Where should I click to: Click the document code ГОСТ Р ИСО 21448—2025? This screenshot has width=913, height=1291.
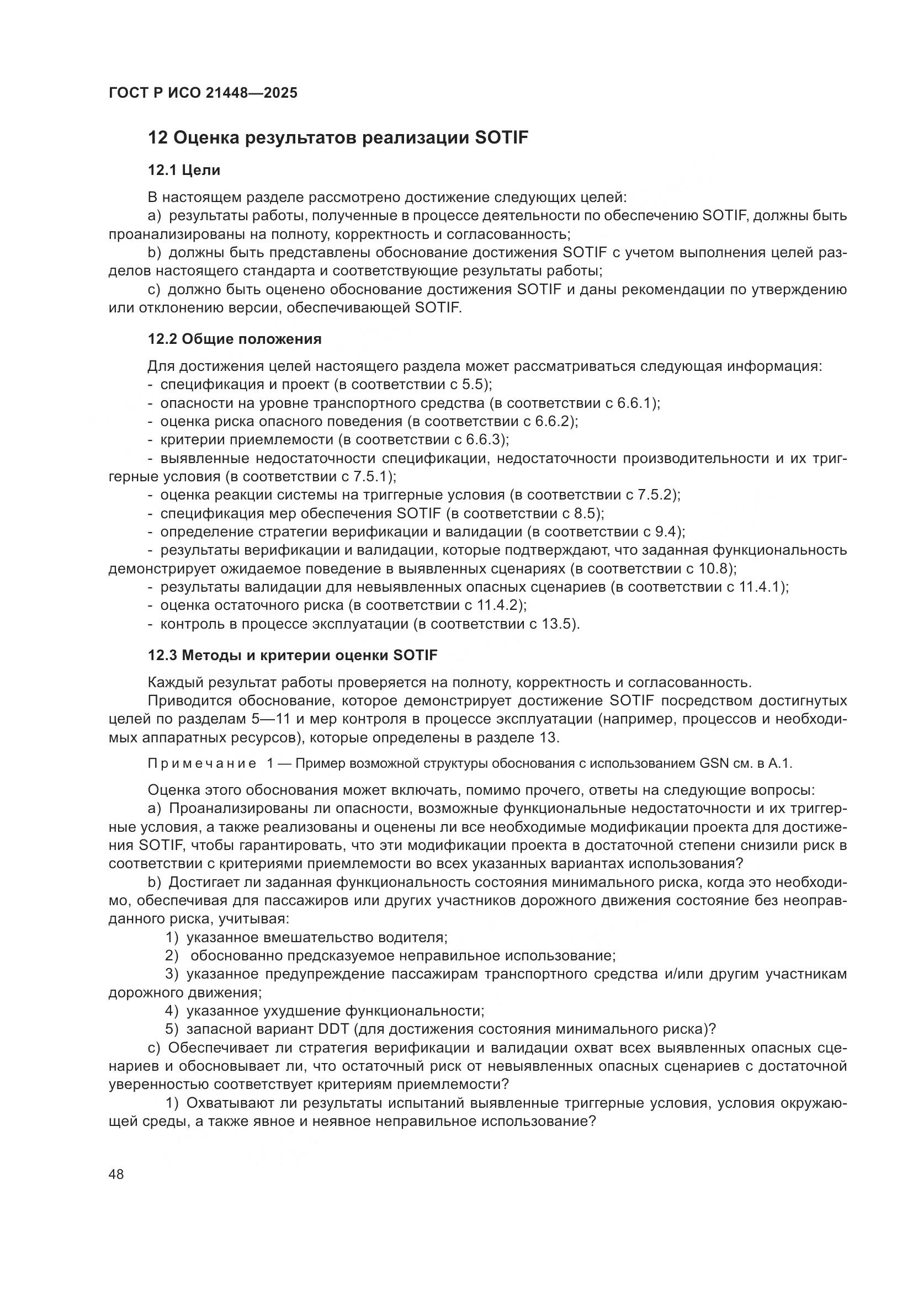point(203,93)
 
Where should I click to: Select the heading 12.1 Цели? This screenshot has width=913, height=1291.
point(184,170)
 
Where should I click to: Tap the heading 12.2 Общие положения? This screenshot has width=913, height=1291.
point(235,339)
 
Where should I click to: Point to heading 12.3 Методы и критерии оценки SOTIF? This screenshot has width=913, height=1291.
point(293,655)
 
